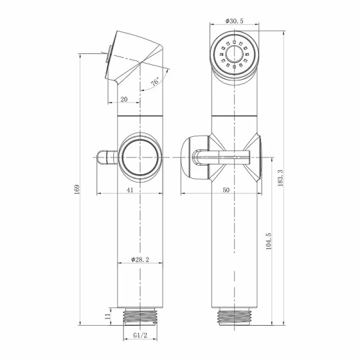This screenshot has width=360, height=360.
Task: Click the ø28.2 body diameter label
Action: coord(140,259)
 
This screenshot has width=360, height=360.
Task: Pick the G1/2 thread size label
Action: coord(140,335)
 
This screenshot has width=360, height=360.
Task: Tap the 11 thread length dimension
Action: coord(107,316)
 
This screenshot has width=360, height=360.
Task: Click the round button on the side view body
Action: coord(140,158)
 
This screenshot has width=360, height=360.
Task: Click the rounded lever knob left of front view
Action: coord(195,158)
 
